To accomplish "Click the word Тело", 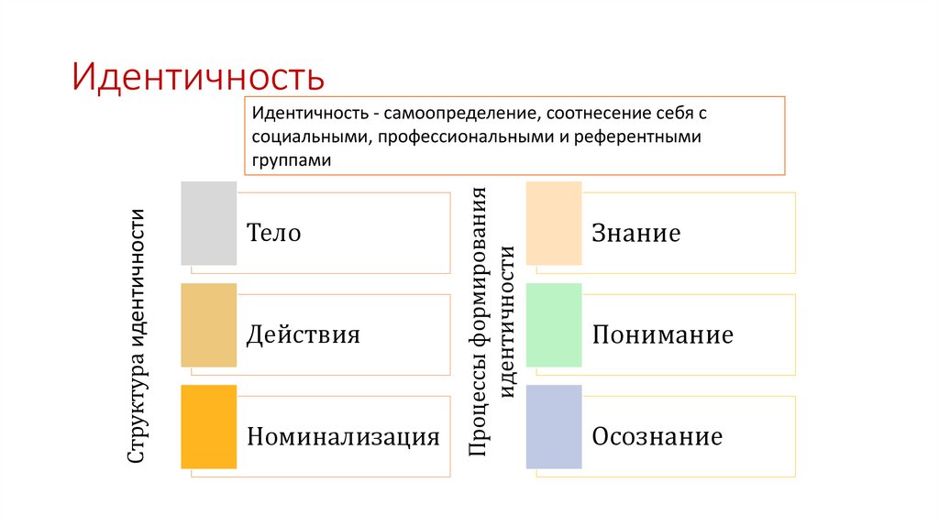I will (x=274, y=234).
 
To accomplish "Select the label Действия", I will (x=304, y=334).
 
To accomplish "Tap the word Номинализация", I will (x=343, y=436).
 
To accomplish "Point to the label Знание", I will (x=635, y=234).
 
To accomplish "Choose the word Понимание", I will (x=662, y=334).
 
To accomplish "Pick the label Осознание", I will (x=657, y=436).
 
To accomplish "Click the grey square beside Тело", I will (x=209, y=224).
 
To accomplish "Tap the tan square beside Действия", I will (x=209, y=325).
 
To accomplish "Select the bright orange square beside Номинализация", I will (x=209, y=427).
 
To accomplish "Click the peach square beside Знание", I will (x=554, y=224).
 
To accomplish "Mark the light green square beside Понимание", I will (x=554, y=325).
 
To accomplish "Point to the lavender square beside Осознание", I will (x=554, y=427).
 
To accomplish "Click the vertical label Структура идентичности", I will (x=138, y=335).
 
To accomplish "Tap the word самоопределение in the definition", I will (x=460, y=116).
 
